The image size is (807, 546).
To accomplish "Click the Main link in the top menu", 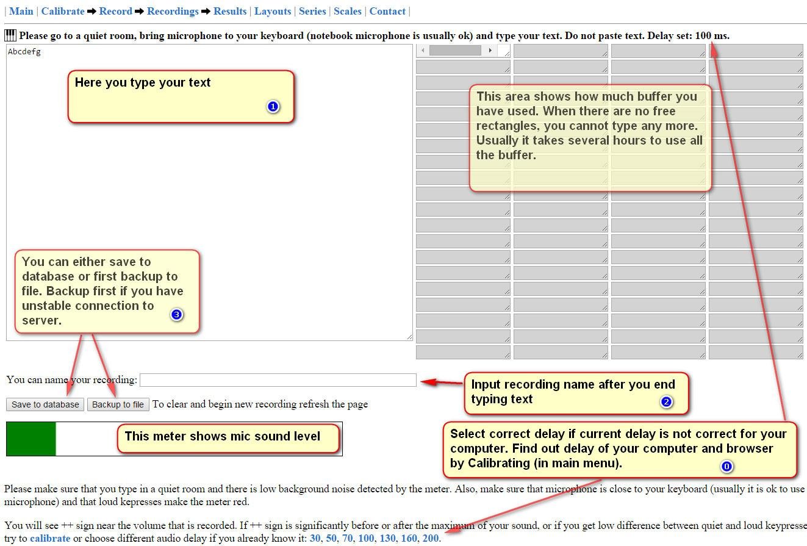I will (21, 11).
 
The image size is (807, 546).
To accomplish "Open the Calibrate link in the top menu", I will (63, 11).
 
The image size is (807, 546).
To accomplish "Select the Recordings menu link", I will (173, 11).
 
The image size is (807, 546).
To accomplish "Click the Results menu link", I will (230, 11).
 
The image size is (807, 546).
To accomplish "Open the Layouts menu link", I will (273, 11).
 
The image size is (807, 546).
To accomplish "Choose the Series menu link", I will (312, 11).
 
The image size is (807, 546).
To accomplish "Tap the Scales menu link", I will (348, 11).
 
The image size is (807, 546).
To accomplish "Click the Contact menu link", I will (387, 11).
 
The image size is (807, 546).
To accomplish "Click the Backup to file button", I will (118, 404).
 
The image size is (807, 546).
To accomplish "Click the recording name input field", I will (278, 380).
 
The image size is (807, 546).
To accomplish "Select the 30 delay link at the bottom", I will (315, 539).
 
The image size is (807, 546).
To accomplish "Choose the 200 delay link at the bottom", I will (431, 539).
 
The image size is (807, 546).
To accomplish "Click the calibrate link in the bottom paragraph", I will (50, 539).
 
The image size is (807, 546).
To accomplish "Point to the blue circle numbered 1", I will (273, 106).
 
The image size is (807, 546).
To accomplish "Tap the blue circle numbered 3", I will (177, 315).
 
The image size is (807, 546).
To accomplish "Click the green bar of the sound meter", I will (31, 439).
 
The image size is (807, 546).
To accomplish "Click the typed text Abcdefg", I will (24, 52).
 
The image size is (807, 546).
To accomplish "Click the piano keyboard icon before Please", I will (10, 35).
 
